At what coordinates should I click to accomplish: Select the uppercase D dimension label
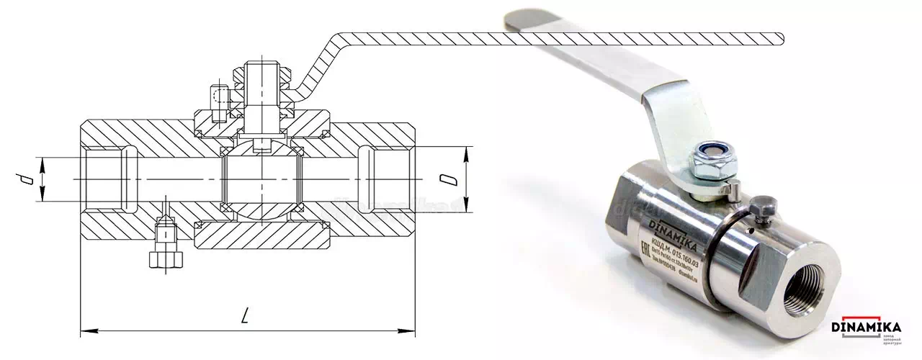(x=451, y=179)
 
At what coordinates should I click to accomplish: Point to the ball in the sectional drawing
(x=261, y=179)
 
